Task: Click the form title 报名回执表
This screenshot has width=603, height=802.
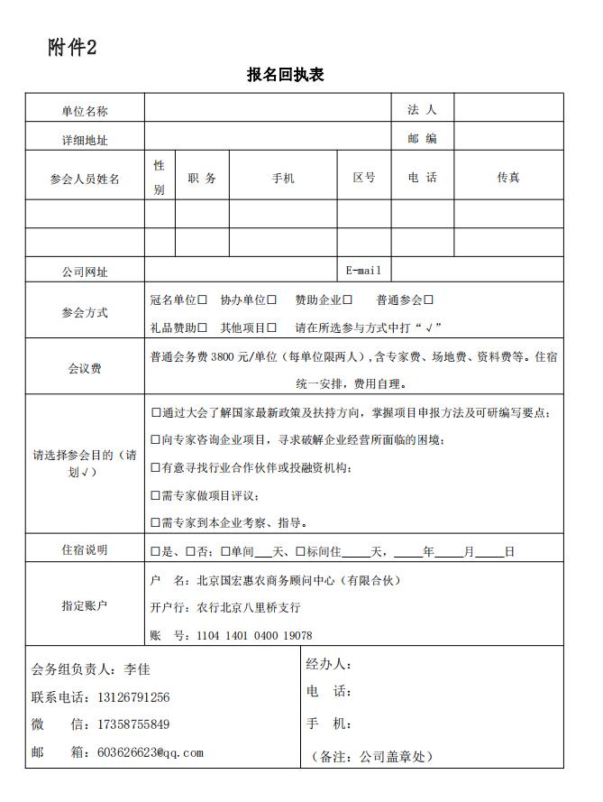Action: point(285,75)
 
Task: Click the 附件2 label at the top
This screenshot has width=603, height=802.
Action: point(72,48)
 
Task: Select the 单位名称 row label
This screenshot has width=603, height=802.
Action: point(85,111)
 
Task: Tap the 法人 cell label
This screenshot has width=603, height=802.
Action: point(422,110)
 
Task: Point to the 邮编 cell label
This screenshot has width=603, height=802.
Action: point(422,139)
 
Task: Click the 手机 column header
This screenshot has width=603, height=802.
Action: point(283,179)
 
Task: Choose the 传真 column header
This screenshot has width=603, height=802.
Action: point(508,178)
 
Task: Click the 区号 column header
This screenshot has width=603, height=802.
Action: point(364,179)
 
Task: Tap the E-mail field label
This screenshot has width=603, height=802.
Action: point(364,271)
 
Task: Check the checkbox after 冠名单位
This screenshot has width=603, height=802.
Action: point(203,300)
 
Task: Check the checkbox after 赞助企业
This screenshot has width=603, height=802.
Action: point(348,300)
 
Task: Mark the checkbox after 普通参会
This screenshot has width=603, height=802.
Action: point(429,300)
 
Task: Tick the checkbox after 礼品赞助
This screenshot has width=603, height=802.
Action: point(203,327)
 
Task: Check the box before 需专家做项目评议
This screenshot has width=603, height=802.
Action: point(156,495)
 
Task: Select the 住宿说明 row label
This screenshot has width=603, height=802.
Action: point(85,549)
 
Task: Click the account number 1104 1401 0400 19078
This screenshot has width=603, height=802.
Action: point(255,636)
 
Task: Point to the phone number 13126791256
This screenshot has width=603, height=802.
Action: point(133,697)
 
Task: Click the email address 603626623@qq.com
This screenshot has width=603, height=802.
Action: point(150,752)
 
